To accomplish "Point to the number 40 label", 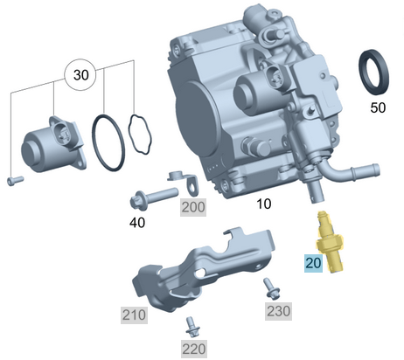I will pos(137,223).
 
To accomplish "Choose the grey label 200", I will pos(192,206).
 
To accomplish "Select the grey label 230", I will pos(280,309).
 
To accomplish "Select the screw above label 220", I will pos(192,326).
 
